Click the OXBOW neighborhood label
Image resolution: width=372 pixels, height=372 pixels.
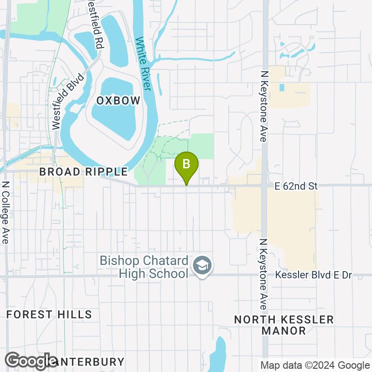click(118, 101)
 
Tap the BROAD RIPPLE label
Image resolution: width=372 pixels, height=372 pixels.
click(83, 172)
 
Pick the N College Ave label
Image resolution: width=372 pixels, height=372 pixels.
click(6, 212)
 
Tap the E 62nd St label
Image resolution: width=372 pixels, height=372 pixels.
click(296, 186)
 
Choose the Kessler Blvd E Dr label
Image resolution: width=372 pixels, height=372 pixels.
click(313, 275)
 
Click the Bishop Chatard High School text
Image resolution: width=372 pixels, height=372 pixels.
click(143, 266)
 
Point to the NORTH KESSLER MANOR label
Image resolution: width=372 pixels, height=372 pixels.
click(284, 325)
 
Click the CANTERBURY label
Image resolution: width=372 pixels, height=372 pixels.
click(88, 361)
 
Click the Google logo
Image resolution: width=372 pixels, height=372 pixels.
click(32, 361)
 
